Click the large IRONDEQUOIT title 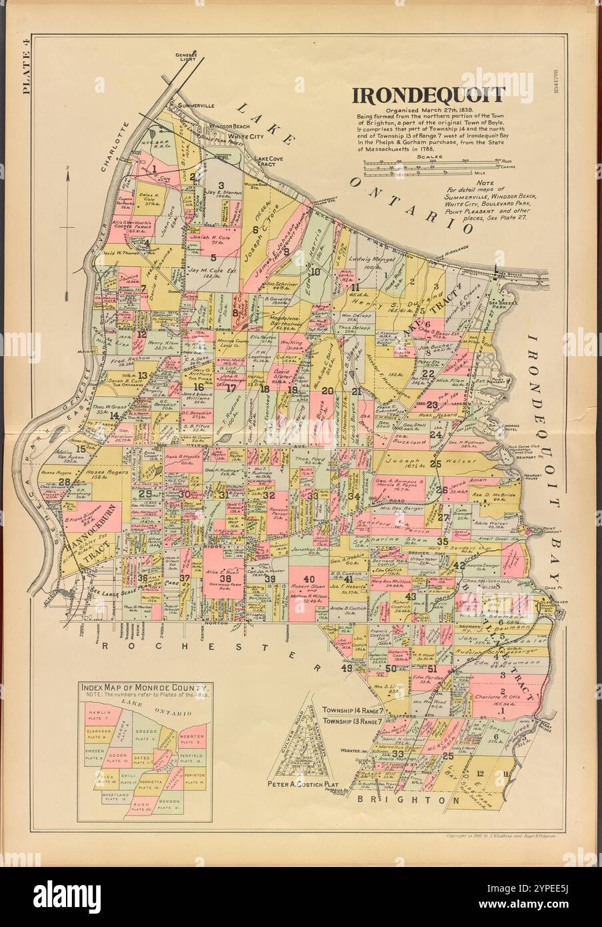(x=428, y=95)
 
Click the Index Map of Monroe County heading (x=144, y=687)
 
